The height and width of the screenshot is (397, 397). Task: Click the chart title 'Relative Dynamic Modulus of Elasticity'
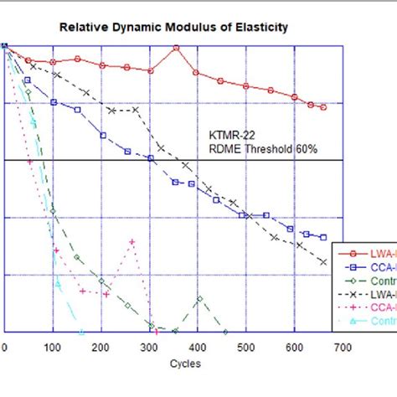pos(173,27)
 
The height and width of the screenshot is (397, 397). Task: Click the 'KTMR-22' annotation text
pos(228,135)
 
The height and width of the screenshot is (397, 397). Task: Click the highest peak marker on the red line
pos(177,49)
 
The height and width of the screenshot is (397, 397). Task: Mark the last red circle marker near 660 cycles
pos(323,107)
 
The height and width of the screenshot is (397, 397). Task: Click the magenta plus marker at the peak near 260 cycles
pos(131,241)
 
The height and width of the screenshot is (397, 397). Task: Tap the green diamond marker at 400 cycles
pos(199,298)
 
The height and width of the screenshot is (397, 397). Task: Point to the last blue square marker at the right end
pos(323,237)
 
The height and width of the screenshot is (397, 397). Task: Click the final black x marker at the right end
pos(324,262)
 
